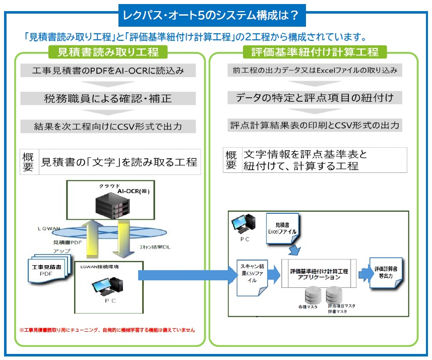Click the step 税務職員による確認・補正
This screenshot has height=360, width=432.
pos(108,98)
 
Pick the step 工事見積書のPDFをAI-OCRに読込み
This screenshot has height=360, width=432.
pos(108,71)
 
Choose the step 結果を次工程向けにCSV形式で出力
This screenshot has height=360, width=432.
pos(108,126)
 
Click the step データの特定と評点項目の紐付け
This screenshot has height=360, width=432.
pos(315,98)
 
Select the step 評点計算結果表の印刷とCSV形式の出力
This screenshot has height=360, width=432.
pos(315,125)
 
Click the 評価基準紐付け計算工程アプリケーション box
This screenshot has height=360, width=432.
pos(319,274)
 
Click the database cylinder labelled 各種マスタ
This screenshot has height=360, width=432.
pos(307,294)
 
